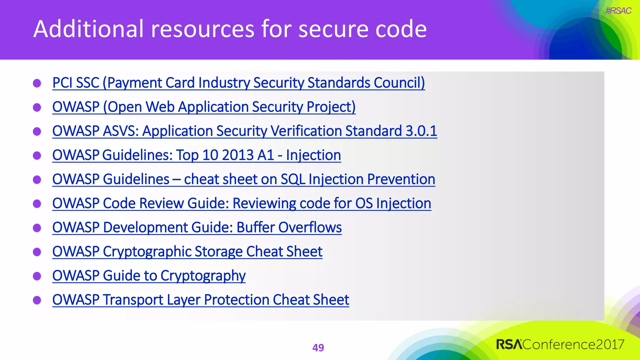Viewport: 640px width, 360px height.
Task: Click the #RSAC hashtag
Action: pos(618,11)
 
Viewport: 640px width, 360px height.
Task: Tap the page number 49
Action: pos(318,348)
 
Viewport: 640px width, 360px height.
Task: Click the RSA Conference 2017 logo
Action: pos(560,344)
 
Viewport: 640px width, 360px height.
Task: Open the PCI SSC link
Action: pos(238,83)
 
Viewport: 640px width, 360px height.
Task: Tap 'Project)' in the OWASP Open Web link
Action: pos(331,107)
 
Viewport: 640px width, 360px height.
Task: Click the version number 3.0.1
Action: pos(421,131)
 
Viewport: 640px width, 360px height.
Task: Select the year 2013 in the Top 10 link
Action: pos(238,155)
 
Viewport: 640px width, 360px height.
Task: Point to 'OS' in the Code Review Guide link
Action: pos(364,203)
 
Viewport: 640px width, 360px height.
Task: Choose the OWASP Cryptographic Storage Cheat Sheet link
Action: pos(187,252)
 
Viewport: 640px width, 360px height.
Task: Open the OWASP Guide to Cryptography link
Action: pos(149,276)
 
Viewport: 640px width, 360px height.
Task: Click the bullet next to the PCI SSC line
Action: pos(37,83)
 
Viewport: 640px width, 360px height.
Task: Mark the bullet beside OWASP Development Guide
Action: pos(37,228)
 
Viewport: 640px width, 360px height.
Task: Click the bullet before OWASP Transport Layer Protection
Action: pos(37,300)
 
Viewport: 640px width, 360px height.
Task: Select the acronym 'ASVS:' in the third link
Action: pos(121,131)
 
